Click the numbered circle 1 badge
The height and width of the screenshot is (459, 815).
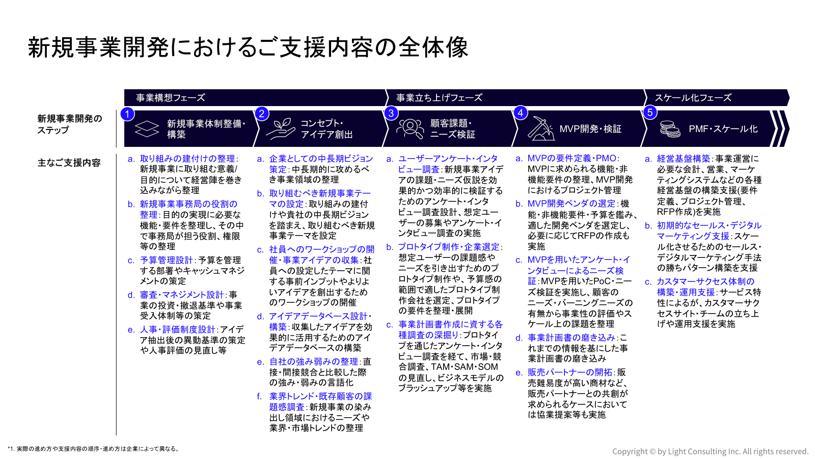coord(127,113)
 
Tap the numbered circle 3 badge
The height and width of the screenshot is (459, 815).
coord(391,113)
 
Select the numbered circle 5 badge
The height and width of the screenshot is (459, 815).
coord(650,113)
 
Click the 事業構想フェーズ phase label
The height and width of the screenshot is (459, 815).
coord(171,98)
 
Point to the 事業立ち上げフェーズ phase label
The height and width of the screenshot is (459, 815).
coord(439,98)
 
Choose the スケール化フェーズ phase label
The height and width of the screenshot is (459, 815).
coord(693,98)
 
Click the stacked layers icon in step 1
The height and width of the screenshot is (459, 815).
coord(147,129)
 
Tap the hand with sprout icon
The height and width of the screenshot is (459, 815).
coord(281,129)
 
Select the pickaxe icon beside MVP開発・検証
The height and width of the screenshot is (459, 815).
coord(540,129)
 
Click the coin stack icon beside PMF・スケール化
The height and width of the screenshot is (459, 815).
coord(670,129)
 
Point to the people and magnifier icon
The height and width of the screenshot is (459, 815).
coord(410,129)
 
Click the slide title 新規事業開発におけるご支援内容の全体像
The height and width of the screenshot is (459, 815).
coord(248,47)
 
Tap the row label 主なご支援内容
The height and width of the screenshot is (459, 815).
coord(69,163)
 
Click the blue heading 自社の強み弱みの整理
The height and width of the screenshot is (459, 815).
coord(314,362)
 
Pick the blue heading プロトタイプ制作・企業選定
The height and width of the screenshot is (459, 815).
coord(449,247)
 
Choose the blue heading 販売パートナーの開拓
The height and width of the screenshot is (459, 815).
coord(569,372)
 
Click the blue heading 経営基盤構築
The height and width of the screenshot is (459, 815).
coord(683,159)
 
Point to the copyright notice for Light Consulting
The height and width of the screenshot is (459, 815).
coord(710,451)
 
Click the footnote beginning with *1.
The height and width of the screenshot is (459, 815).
coord(94,449)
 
